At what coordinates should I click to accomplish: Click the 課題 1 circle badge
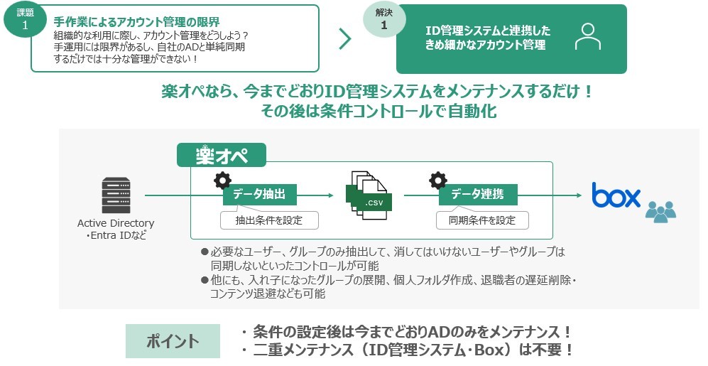coord(25,19)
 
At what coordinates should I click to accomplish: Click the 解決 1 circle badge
coord(383,19)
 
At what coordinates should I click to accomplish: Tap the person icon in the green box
coord(587,37)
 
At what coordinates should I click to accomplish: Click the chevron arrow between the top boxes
coord(345,39)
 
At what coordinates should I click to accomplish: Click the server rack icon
coord(115,195)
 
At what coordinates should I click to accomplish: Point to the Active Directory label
coord(116,223)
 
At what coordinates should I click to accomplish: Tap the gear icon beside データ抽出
coord(222,181)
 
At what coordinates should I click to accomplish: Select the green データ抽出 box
coord(259,194)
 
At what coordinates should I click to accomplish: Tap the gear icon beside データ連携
coord(437,181)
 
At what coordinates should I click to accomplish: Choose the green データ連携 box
coord(477,194)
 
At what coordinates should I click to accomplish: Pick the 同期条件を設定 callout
coord(482,220)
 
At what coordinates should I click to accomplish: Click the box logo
coord(616,195)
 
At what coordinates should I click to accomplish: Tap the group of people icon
coord(660,210)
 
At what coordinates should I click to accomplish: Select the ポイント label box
coord(173,341)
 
